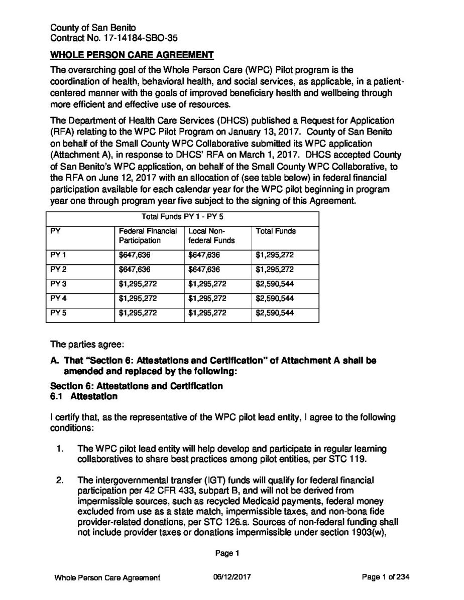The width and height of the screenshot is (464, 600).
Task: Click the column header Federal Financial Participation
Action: pyautogui.click(x=148, y=236)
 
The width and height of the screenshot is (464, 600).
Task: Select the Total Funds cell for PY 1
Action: pyautogui.click(x=275, y=255)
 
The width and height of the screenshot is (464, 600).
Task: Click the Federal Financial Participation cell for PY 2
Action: pyautogui.click(x=135, y=269)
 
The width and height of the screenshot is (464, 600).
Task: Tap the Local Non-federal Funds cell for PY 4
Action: pyautogui.click(x=207, y=298)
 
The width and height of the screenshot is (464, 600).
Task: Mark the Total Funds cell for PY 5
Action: pyautogui.click(x=275, y=313)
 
